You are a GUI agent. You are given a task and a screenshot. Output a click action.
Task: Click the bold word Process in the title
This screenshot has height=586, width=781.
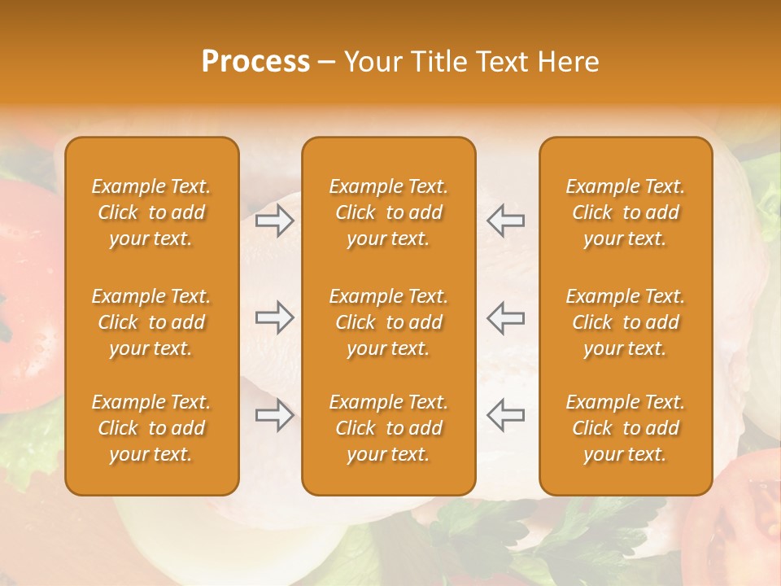pyautogui.click(x=255, y=62)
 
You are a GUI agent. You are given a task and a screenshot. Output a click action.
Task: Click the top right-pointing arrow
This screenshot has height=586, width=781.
pyautogui.click(x=275, y=220)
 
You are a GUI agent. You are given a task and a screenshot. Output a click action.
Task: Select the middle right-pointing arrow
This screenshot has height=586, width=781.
pyautogui.click(x=275, y=317)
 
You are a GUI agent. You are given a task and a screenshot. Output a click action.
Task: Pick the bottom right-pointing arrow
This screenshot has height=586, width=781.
pyautogui.click(x=275, y=415)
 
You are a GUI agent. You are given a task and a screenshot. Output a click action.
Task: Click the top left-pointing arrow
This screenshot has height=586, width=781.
pyautogui.click(x=505, y=220)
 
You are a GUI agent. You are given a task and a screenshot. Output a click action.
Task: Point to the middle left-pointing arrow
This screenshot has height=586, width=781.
pyautogui.click(x=505, y=317)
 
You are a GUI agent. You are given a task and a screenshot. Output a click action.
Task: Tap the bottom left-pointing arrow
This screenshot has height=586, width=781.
pyautogui.click(x=505, y=415)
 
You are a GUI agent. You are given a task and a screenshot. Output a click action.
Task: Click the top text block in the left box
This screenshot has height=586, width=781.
pyautogui.click(x=151, y=212)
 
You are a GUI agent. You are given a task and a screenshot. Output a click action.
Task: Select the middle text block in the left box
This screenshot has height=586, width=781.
pyautogui.click(x=151, y=322)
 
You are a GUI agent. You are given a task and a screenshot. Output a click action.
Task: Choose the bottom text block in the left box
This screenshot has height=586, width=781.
pyautogui.click(x=151, y=428)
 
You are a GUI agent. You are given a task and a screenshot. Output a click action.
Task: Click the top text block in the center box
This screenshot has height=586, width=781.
pyautogui.click(x=389, y=212)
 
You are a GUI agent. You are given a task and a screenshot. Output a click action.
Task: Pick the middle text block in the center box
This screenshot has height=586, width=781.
pyautogui.click(x=389, y=322)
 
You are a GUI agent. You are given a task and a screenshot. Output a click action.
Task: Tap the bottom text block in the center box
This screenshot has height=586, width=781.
pyautogui.click(x=389, y=428)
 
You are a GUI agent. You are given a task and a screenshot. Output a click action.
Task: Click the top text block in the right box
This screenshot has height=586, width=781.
pyautogui.click(x=626, y=212)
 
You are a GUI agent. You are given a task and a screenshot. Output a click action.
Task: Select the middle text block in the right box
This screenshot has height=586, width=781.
pyautogui.click(x=626, y=322)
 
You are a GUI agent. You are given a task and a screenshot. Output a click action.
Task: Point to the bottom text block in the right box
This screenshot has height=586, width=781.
pyautogui.click(x=626, y=428)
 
